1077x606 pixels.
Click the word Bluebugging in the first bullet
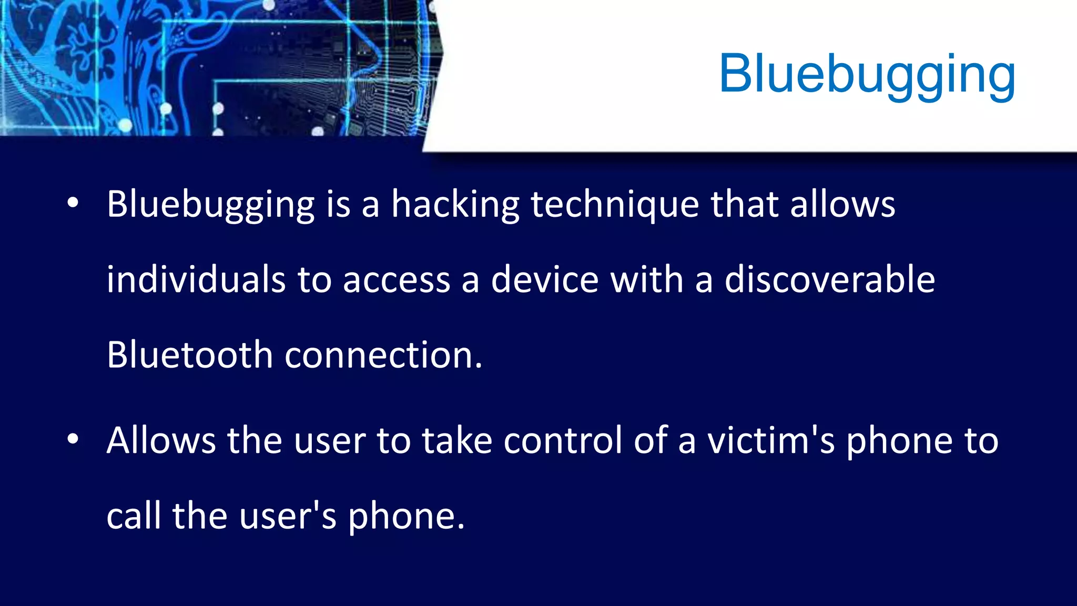210,205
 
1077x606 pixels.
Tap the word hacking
455,205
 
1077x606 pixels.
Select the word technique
614,205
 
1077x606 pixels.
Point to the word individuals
196,280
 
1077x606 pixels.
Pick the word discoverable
829,280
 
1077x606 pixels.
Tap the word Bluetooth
189,355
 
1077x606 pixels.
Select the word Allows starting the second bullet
160,441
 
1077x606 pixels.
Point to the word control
562,441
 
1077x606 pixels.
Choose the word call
134,516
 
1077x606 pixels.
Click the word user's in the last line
287,516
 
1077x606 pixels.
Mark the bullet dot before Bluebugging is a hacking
73,203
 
